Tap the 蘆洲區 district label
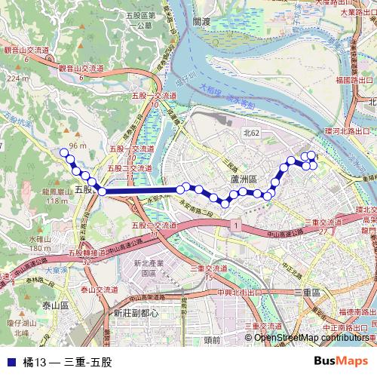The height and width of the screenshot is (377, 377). pyautogui.click(x=244, y=179)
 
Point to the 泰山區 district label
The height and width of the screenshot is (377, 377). pyautogui.click(x=55, y=305)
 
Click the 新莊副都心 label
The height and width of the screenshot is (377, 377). pyautogui.click(x=136, y=313)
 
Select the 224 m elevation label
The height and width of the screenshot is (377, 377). pyautogui.click(x=15, y=77)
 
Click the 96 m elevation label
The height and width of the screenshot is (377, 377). pyautogui.click(x=77, y=146)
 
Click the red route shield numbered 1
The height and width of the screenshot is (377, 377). pyautogui.click(x=236, y=225)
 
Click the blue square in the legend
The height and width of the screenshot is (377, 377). pyautogui.click(x=10, y=362)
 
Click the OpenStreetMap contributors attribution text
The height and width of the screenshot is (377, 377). pyautogui.click(x=311, y=337)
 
